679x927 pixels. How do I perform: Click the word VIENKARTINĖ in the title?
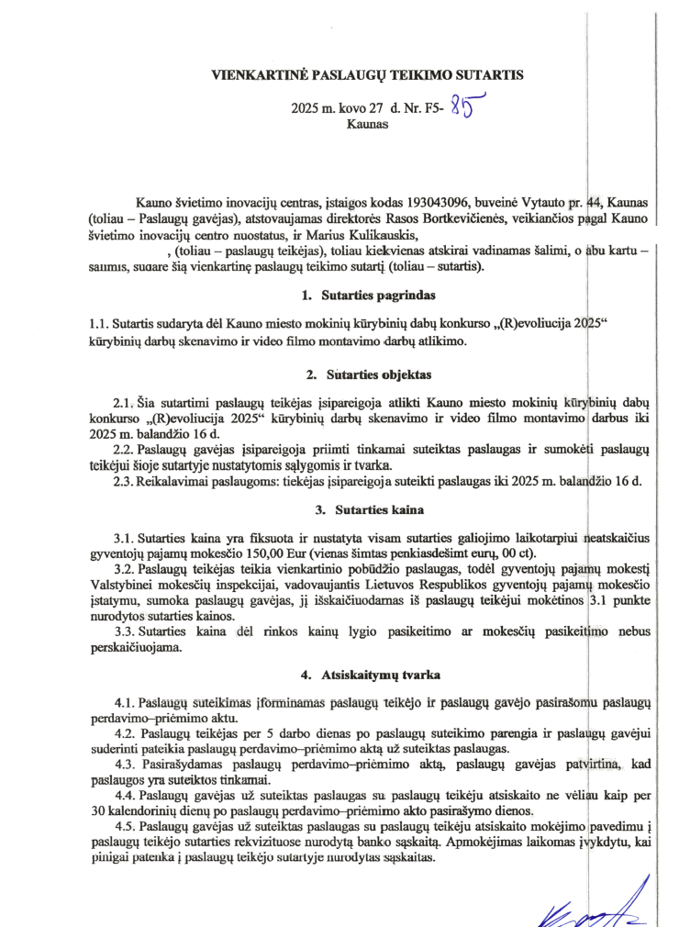259,75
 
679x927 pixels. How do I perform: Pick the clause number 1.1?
98,324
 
